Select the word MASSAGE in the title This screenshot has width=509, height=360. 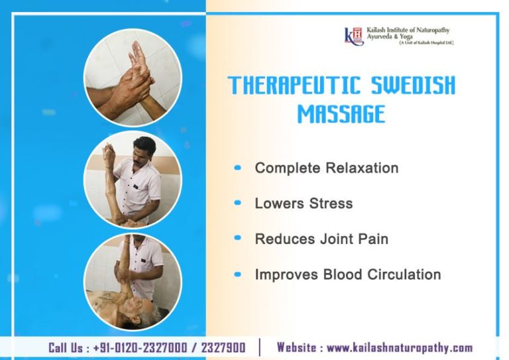[341, 114]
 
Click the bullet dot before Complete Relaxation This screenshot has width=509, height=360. [238, 168]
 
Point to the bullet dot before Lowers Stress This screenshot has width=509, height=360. [238, 203]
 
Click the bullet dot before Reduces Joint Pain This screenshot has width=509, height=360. [238, 239]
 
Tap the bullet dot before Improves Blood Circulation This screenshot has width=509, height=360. [238, 274]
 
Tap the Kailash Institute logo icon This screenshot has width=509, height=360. [354, 35]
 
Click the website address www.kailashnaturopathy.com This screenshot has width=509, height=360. [400, 347]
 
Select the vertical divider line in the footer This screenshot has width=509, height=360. [260, 347]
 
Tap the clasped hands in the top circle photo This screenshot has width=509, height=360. [133, 80]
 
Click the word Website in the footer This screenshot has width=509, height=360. [298, 347]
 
